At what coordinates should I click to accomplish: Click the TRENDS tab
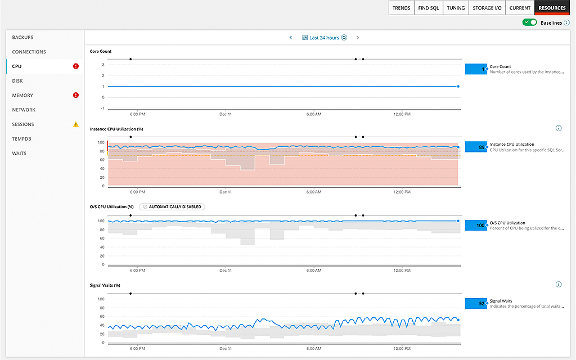coord(402,8)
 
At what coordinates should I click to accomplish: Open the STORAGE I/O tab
coord(487,8)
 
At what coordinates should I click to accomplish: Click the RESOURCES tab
coord(551,8)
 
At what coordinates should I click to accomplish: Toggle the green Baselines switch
coord(529,22)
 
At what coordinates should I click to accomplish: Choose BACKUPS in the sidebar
coord(23,37)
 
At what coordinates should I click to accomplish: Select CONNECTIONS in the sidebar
coord(29,52)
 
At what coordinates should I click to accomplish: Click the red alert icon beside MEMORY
coord(76,95)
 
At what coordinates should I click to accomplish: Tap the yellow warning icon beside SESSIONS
coord(76,124)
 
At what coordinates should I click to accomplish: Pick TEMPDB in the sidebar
coord(22,139)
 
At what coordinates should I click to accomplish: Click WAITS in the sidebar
coord(20,153)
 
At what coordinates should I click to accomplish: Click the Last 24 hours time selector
coord(324,38)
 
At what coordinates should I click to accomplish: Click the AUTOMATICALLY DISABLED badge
coord(172,206)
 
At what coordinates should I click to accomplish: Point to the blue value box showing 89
coord(475,147)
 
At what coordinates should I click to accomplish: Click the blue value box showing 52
coord(475,303)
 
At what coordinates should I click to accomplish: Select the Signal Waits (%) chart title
coord(105,285)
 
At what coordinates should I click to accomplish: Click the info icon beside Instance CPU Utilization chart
coord(559,128)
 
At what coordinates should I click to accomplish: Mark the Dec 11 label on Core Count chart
coord(226,114)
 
